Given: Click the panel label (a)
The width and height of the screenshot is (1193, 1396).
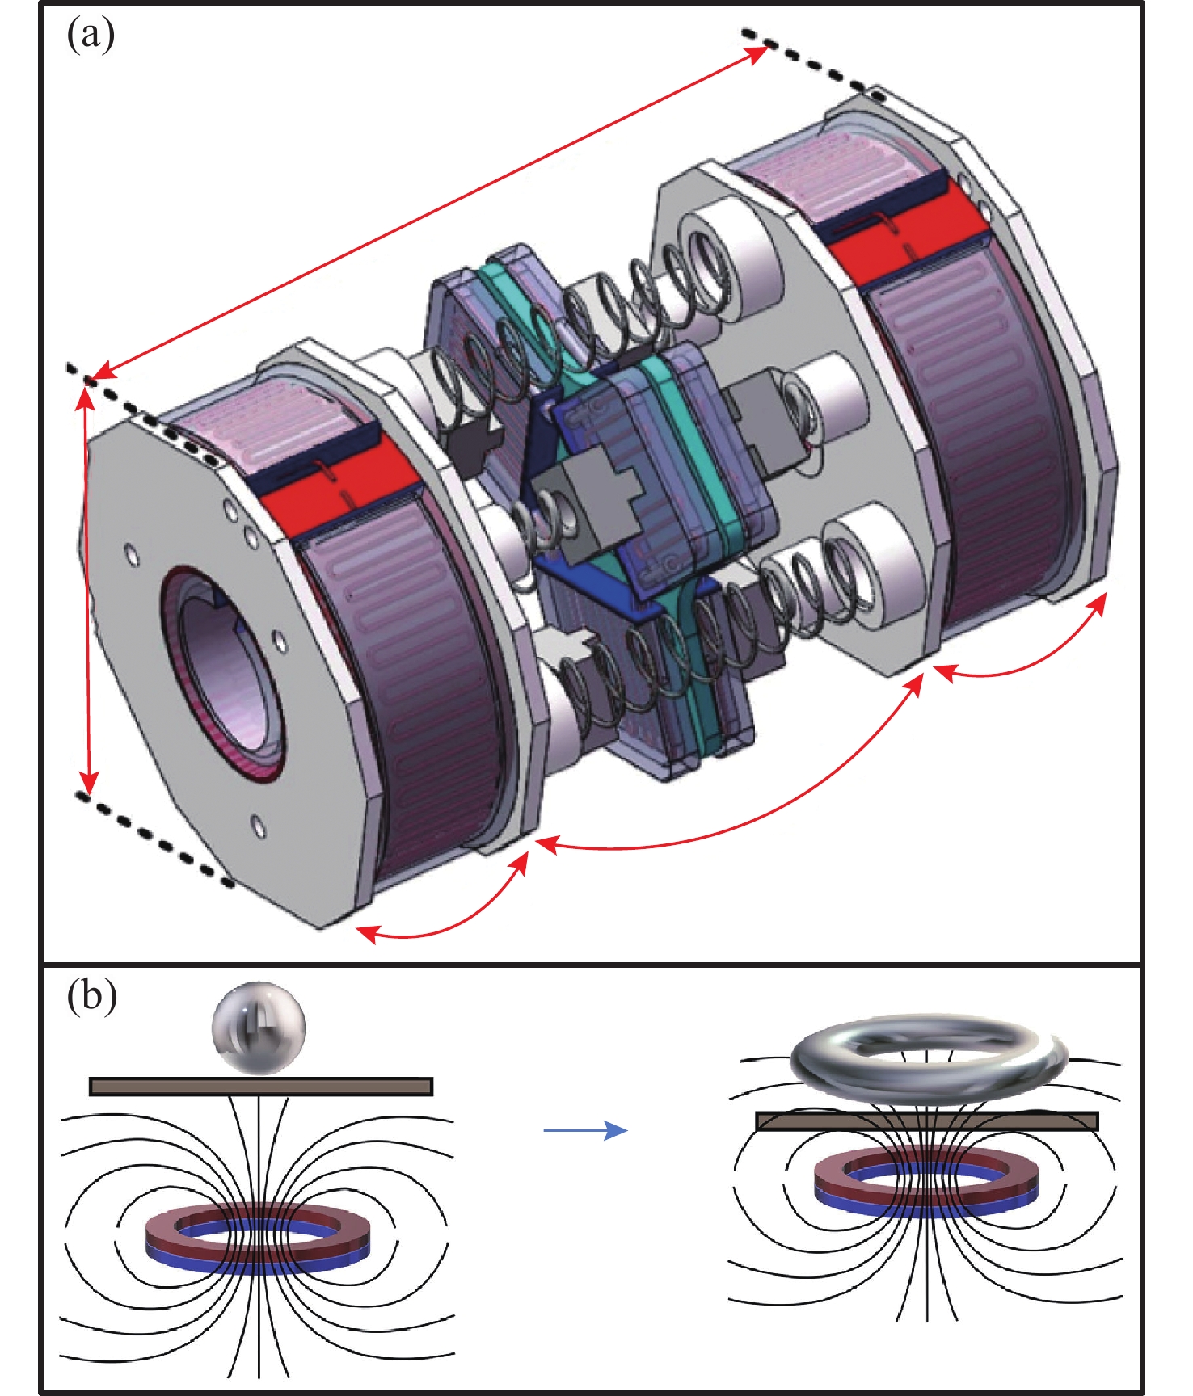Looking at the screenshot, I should point(91,36).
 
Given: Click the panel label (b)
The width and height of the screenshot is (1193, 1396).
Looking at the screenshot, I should point(91,997).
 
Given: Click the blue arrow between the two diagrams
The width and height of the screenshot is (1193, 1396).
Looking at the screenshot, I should point(585,1130).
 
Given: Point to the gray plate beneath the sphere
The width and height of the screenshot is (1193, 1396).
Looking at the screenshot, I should point(261,1087).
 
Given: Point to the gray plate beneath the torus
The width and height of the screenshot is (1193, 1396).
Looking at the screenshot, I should point(927,1121).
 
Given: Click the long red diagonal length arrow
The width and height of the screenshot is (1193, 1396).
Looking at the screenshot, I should point(428,212).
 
